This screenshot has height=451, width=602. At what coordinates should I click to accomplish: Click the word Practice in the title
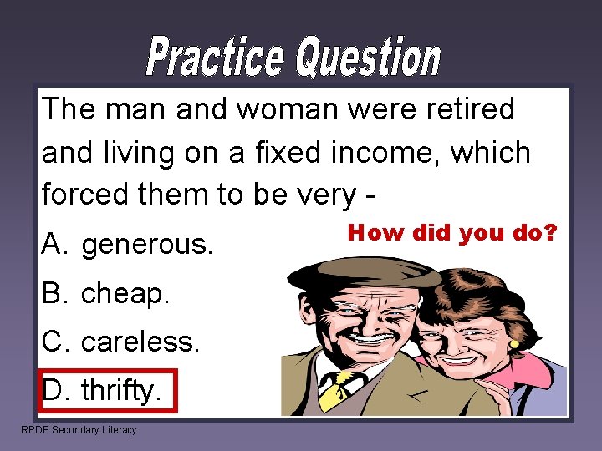coord(215,57)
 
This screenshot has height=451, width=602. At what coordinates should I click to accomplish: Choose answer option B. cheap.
coord(105,293)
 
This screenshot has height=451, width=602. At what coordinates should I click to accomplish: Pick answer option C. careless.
coord(121,342)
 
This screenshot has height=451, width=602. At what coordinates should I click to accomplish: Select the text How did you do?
coord(451,232)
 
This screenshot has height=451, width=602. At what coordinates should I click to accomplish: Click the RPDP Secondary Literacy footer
coord(79,430)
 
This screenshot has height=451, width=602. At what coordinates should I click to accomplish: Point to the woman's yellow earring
coord(513,343)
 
